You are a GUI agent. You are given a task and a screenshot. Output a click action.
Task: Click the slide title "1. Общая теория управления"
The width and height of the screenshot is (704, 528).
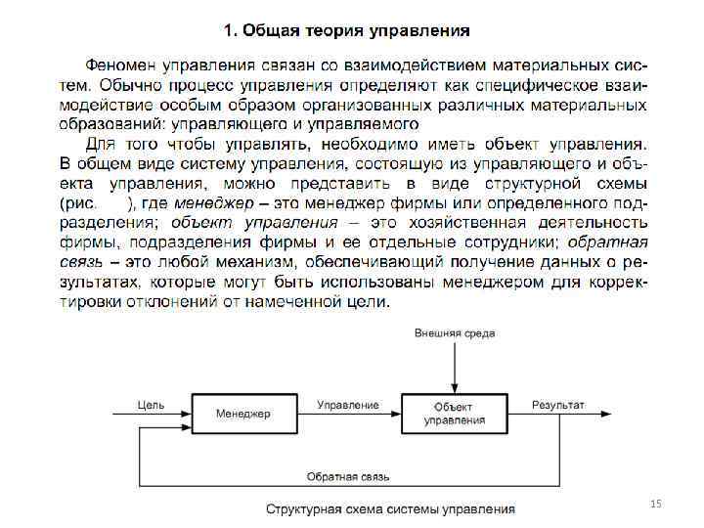[x=346, y=30]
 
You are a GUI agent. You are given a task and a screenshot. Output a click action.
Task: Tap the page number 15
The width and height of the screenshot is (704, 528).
[x=656, y=503]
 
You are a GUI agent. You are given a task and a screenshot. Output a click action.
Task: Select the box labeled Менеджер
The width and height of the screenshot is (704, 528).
[x=242, y=414]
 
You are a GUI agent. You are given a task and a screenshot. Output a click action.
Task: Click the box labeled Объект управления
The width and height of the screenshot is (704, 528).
[x=454, y=414]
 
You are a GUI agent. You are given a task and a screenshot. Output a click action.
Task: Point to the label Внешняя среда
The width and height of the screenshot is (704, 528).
[x=455, y=333]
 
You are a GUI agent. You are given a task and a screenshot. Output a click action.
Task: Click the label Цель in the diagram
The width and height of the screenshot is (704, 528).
[x=151, y=404]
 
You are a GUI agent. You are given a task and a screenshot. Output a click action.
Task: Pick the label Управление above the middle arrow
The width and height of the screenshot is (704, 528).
[x=348, y=404]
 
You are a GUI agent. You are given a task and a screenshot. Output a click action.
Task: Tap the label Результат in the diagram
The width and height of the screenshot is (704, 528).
[x=558, y=404]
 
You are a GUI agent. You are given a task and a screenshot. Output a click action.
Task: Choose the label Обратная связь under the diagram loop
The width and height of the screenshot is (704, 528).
[x=348, y=477]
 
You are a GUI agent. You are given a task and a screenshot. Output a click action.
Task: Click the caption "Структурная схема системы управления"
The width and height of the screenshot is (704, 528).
[x=391, y=508]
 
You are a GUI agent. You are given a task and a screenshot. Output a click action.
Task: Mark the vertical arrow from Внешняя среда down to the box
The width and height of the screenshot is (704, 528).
[x=455, y=367]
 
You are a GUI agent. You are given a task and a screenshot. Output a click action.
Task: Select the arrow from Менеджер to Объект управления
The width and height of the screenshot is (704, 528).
[x=347, y=414]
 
